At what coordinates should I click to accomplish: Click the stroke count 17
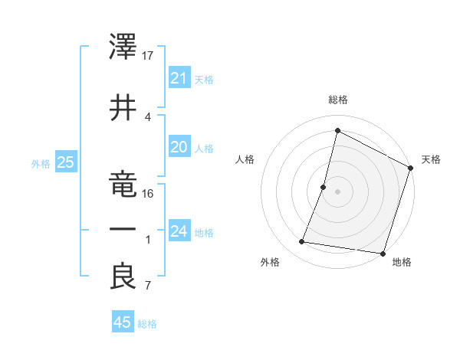tap(149, 56)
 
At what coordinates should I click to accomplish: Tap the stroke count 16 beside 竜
tap(149, 193)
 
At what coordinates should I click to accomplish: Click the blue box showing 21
tap(179, 77)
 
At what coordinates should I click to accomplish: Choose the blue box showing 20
tap(179, 147)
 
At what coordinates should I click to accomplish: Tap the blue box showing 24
tap(179, 231)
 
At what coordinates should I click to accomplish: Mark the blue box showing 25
tap(65, 162)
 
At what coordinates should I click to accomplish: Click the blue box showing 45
tap(123, 322)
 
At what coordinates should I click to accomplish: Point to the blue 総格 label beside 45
tap(147, 324)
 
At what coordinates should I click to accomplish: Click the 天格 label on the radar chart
tap(431, 159)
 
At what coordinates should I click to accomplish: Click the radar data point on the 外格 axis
tap(302, 242)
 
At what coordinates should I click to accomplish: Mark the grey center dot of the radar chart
tap(337, 191)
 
